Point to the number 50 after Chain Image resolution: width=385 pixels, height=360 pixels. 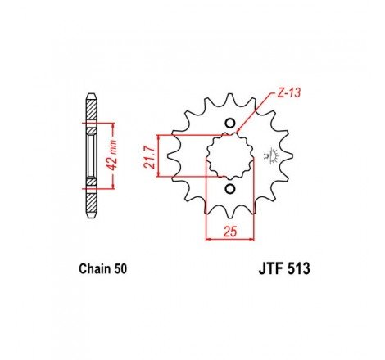click(x=118, y=268)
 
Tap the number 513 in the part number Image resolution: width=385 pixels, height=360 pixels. click(x=293, y=268)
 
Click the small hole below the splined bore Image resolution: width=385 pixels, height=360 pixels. click(x=230, y=190)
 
